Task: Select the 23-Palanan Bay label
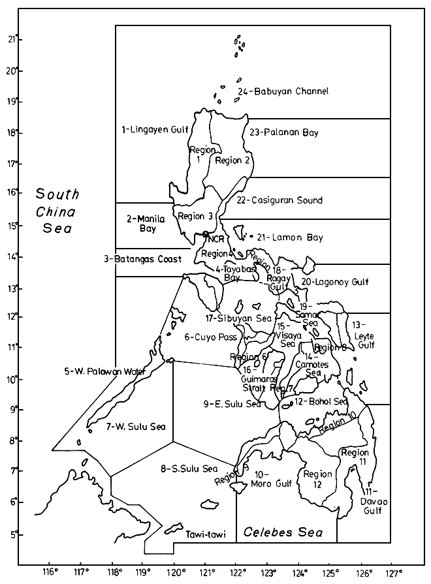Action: [284, 132]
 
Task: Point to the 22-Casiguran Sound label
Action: [279, 200]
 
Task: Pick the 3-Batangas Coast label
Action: [143, 259]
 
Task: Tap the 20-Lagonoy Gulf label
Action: [334, 283]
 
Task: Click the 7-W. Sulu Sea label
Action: [135, 427]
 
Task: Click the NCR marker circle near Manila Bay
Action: [206, 234]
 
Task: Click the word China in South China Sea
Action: [57, 211]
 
